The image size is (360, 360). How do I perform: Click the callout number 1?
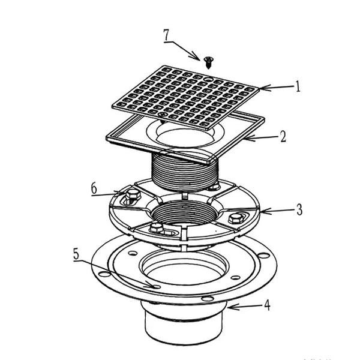(x=298, y=86)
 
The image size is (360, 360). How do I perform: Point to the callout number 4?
(x=266, y=305)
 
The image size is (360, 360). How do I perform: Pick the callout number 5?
(x=76, y=254)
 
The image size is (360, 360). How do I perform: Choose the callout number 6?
(x=94, y=188)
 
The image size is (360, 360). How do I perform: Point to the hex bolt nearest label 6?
(x=132, y=195)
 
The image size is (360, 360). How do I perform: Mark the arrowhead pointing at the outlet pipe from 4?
(x=229, y=307)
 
